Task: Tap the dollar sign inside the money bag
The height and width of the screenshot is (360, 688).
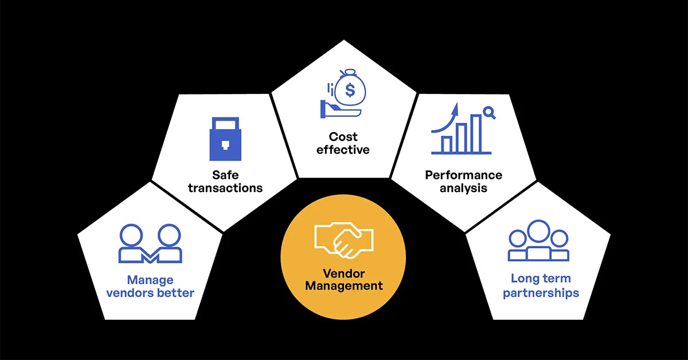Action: (350, 90)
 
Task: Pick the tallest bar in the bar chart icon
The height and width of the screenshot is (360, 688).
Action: (476, 134)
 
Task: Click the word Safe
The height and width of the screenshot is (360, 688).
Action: (225, 175)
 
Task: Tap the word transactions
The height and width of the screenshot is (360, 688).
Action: (225, 187)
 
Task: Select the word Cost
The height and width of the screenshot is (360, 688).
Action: (343, 136)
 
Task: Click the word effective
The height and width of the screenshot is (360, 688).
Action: (343, 150)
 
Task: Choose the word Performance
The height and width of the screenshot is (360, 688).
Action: (463, 175)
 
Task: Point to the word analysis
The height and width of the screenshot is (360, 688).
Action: (463, 187)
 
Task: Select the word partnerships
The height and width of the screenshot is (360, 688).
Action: (541, 292)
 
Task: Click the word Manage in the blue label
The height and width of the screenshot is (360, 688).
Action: (150, 280)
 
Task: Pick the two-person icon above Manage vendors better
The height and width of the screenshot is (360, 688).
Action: (150, 244)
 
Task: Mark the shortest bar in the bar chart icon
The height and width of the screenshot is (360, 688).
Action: (446, 144)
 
